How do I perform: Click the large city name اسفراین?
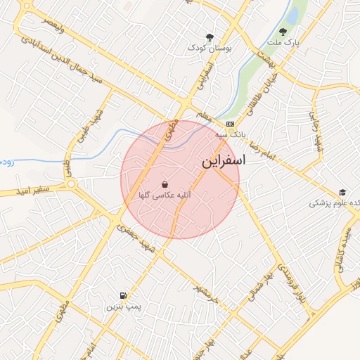tap(224, 161)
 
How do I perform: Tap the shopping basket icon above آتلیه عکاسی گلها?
tap(165, 184)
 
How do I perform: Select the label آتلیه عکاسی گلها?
tap(165, 195)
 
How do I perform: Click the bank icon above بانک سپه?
tap(231, 123)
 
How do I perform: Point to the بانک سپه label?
tap(231, 133)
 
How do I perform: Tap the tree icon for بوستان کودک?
tap(209, 37)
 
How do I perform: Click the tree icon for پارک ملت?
tap(283, 31)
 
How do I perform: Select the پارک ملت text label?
tap(286, 42)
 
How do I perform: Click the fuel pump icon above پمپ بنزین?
tap(124, 295)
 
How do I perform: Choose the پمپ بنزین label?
tap(124, 307)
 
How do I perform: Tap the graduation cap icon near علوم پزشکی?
tap(342, 192)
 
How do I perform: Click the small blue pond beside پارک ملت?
tap(290, 14)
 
